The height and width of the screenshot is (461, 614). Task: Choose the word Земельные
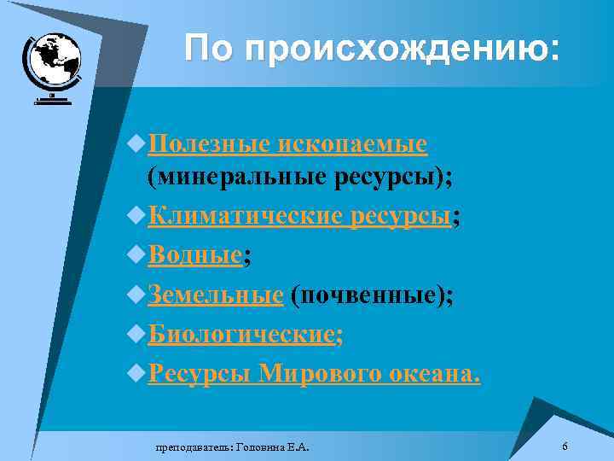(215, 295)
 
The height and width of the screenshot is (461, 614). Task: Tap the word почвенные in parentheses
(367, 295)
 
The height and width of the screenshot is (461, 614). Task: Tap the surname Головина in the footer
(263, 446)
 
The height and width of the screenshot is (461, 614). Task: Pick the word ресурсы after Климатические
(400, 217)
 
